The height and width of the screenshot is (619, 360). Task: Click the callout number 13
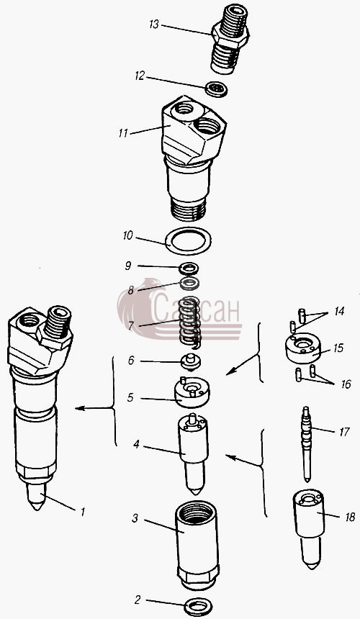153,24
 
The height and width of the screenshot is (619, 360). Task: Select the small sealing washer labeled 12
216,89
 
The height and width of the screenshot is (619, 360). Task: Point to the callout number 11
123,133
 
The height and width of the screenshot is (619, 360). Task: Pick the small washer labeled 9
189,269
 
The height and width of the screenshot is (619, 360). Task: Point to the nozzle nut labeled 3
196,545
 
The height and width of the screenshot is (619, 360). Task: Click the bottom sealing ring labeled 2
198,606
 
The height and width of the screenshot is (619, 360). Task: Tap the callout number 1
83,512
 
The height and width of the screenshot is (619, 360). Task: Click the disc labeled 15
303,348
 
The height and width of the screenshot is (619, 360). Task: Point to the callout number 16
346,384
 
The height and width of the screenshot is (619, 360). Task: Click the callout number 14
338,311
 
